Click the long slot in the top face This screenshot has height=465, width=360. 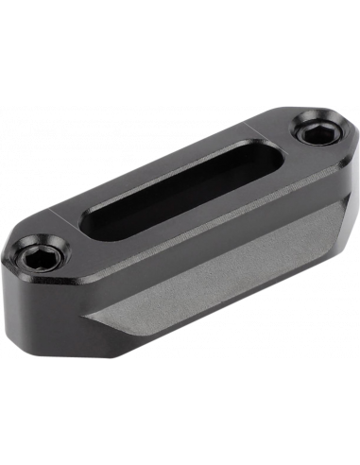pyautogui.click(x=189, y=184)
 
